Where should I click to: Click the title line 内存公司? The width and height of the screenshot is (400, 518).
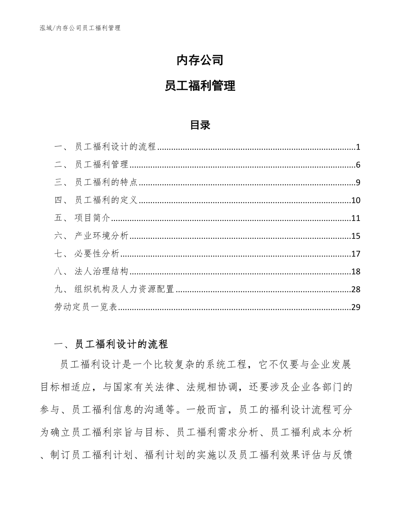click(x=200, y=60)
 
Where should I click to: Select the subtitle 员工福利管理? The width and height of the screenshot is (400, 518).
click(x=200, y=86)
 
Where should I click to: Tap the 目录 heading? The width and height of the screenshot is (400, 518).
click(x=200, y=125)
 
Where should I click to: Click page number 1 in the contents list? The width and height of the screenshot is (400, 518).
click(x=358, y=147)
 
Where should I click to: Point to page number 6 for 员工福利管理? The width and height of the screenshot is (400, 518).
click(x=358, y=165)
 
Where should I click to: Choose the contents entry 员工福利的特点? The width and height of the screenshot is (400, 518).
click(x=106, y=183)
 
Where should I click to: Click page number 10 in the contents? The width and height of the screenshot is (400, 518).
click(x=356, y=201)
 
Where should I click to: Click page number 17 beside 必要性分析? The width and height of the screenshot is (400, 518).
click(x=356, y=254)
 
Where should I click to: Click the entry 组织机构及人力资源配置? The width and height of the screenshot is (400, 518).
click(x=124, y=290)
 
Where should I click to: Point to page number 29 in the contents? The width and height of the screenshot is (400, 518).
click(x=356, y=307)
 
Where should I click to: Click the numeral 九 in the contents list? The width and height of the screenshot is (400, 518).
click(x=59, y=290)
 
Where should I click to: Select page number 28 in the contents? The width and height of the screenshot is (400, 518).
click(x=356, y=290)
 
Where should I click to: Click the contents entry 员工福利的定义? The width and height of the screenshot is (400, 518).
click(x=106, y=201)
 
